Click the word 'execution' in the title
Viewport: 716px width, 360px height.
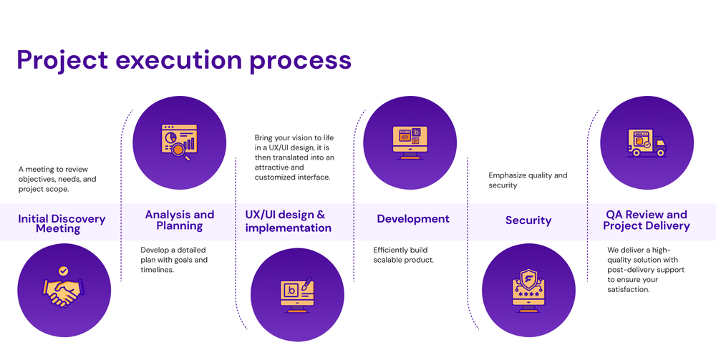178,60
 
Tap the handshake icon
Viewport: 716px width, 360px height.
64,293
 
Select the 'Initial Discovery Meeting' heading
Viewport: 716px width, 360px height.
62,223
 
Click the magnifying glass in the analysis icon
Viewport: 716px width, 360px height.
181,152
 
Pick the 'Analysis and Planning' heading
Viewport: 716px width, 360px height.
180,220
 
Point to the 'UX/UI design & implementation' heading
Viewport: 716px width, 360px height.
288,221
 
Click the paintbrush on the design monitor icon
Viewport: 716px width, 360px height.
306,283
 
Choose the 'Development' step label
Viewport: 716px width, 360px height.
413,219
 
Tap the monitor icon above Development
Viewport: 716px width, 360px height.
410,143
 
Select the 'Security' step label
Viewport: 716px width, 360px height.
528,220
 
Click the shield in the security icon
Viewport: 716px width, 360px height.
528,278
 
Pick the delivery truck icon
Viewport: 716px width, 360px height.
647,143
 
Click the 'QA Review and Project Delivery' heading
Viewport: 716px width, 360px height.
646,220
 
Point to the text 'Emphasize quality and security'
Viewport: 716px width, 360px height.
528,180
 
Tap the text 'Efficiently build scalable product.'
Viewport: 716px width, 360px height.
403,255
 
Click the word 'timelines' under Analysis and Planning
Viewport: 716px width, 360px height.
157,270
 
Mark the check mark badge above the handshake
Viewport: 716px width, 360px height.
64,271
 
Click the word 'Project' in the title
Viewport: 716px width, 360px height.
62,61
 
